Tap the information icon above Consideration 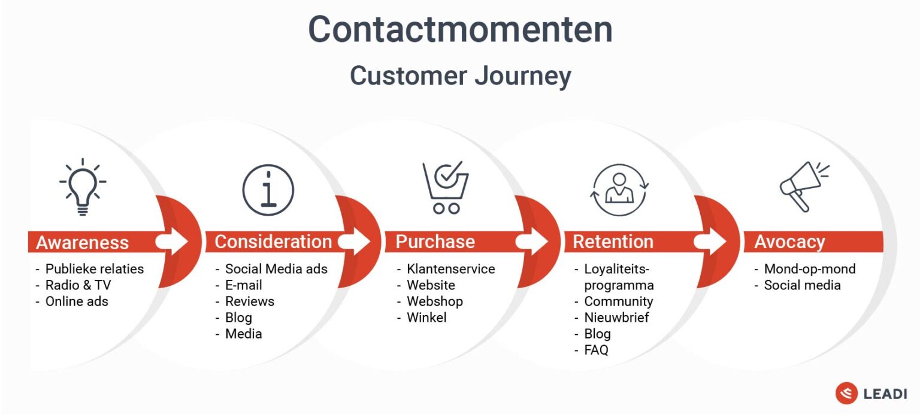point(268,190)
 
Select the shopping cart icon point(445,187)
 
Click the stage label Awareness point(82,242)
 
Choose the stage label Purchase point(435,241)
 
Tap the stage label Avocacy point(789,241)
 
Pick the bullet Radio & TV point(78,285)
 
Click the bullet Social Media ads point(276,269)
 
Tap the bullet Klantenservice point(450,269)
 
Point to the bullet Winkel point(426,318)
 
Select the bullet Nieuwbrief point(616,318)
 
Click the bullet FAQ point(596,350)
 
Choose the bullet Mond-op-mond point(809,269)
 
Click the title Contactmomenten point(460,29)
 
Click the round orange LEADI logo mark point(846,393)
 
